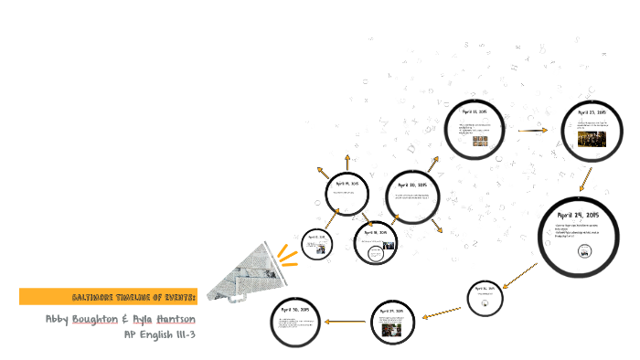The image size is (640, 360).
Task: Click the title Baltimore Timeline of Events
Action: click(133, 298)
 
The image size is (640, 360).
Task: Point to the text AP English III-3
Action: click(160, 334)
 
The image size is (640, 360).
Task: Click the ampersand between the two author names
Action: click(124, 320)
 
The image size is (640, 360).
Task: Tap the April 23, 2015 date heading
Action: click(592, 112)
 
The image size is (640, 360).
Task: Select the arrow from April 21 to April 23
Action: click(532, 130)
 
